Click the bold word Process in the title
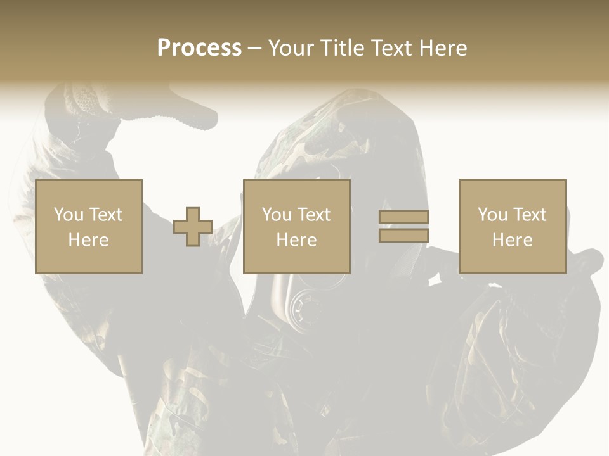point(199,48)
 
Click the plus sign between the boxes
point(193,227)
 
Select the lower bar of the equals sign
point(403,236)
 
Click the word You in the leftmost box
point(69,215)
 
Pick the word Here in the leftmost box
point(88,240)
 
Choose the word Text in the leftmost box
point(105,215)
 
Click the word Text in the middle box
point(313,215)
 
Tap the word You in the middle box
point(277,215)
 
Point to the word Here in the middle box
point(296,240)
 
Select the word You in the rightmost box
point(492,215)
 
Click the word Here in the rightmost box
point(512,240)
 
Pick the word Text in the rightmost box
point(529,215)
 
